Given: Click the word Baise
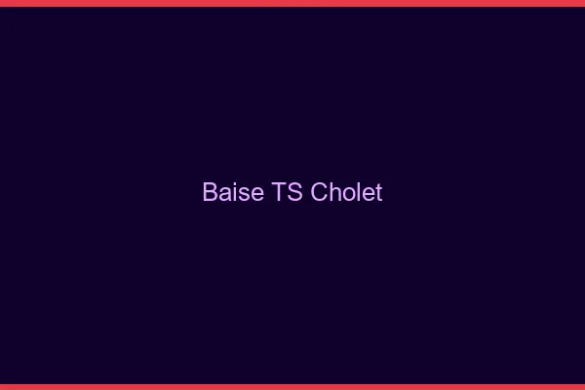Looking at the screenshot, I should (232, 192).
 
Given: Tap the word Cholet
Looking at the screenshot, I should (346, 192).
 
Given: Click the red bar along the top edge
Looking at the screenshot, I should (292, 3).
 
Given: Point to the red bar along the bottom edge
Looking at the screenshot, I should (292, 386).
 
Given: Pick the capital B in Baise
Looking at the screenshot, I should (210, 192).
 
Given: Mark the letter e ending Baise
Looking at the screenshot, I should (255, 194).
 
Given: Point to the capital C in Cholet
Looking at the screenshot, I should (320, 192).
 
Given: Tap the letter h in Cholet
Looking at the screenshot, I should (335, 192).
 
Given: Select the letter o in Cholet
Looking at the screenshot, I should (348, 194).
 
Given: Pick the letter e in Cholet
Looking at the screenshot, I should (367, 194).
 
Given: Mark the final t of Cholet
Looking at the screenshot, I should (378, 193).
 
